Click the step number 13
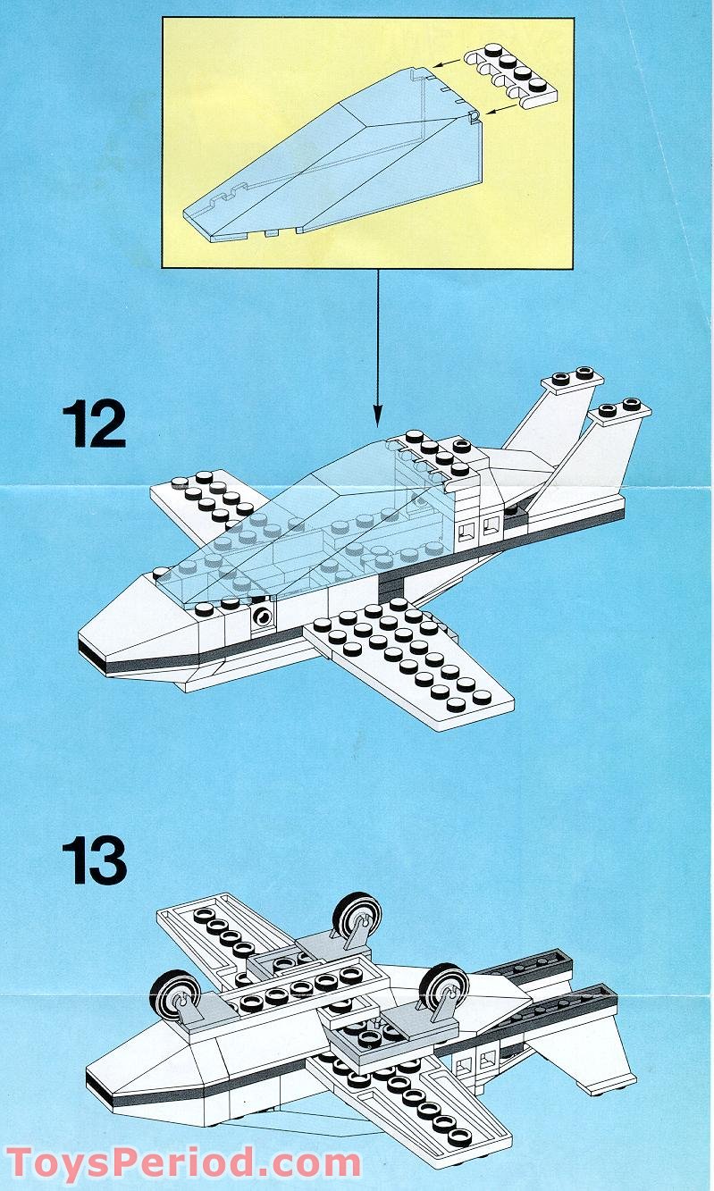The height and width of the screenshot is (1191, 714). point(94,860)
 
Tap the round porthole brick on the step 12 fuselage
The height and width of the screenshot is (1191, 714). point(263,616)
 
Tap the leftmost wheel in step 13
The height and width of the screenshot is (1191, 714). point(175,996)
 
